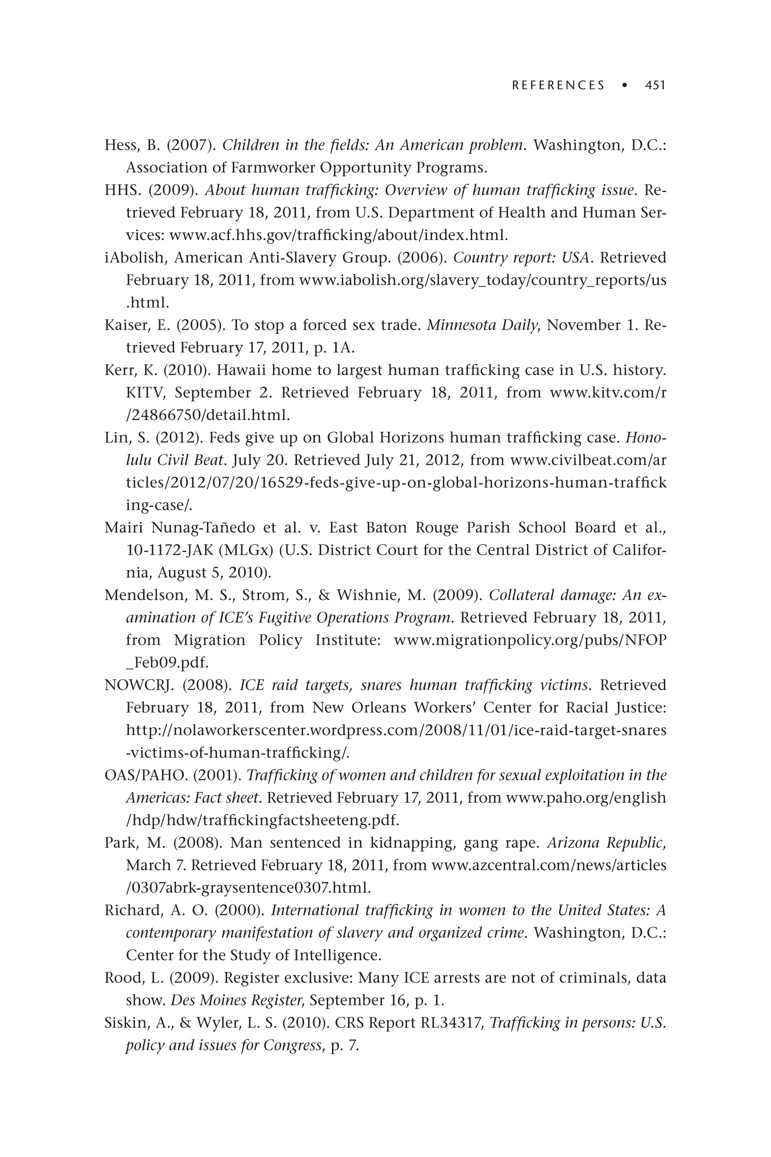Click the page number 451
(655, 85)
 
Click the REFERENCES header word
(558, 85)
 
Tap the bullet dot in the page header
(625, 85)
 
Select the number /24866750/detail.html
(207, 415)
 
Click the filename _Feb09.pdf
(167, 663)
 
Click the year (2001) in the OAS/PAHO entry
(217, 775)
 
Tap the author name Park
(119, 843)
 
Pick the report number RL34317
(452, 1023)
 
